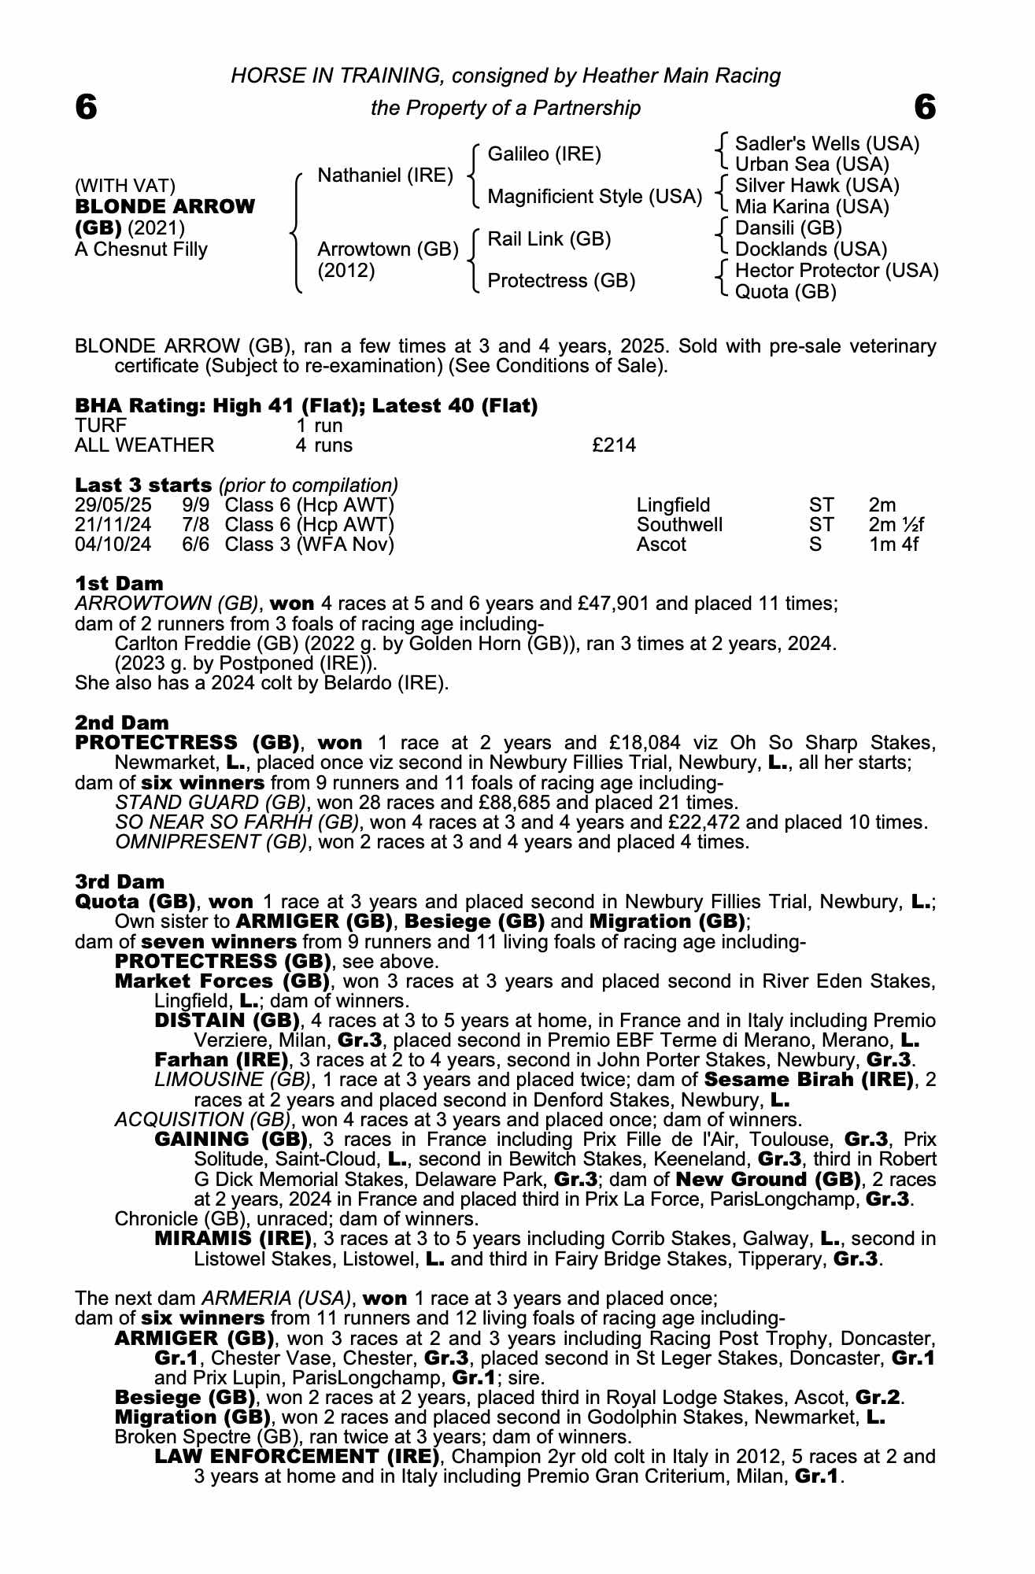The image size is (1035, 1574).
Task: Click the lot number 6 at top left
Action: tap(86, 107)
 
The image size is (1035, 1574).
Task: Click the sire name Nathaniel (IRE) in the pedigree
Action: tap(385, 175)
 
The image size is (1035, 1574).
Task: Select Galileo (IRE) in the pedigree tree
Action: tap(544, 154)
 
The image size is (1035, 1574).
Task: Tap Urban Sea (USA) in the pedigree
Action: tap(811, 164)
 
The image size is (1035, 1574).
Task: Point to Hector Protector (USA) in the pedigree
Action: tap(836, 271)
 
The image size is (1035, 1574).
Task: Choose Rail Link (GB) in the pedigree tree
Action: tap(549, 238)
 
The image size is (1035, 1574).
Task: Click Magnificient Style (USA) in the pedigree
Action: tap(594, 196)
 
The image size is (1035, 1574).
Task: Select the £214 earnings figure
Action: tap(613, 445)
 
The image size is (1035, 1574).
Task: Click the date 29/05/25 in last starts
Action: tap(113, 504)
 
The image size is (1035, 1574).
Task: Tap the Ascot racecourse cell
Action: tap(661, 545)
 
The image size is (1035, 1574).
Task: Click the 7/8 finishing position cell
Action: tap(196, 524)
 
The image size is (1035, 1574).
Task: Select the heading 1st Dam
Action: tap(119, 583)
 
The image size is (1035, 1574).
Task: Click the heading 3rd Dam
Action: tap(120, 881)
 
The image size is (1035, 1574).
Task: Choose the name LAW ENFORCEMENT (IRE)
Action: tap(297, 1456)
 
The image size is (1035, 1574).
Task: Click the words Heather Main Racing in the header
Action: tap(681, 76)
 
